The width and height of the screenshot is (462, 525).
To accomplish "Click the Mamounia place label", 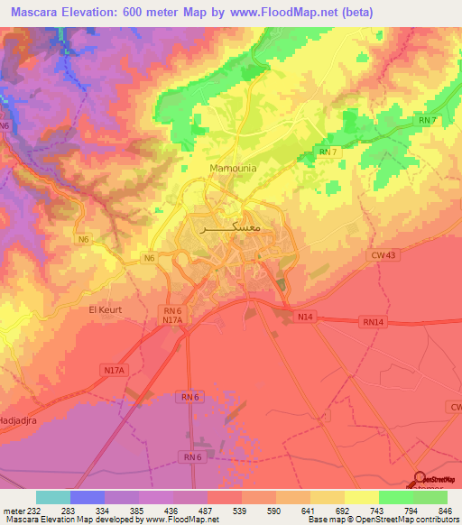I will pos(233,168).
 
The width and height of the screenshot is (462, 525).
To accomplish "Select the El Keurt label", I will pos(105,309).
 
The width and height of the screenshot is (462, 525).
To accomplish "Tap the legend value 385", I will pos(110,510).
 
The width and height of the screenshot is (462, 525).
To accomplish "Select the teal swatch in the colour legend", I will pos(53,497).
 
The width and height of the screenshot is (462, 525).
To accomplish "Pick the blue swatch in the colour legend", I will pos(88,497).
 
